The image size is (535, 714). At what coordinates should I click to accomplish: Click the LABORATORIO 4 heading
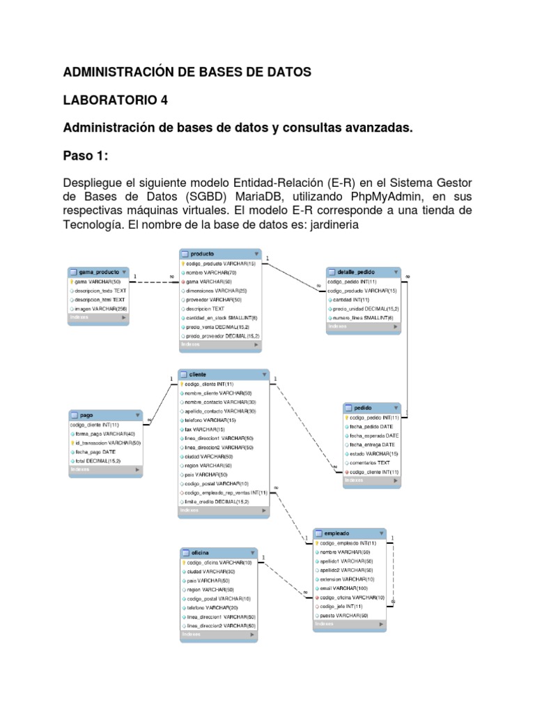pos(116,100)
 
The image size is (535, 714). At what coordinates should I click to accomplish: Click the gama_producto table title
pos(95,272)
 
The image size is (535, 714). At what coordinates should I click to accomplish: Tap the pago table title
pos(87,414)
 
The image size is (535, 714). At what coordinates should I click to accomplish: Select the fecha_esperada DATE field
pos(372,435)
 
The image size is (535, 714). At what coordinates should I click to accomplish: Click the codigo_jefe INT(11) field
pos(341,607)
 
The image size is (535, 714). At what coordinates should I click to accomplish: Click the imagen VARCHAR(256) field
pos(100,308)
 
